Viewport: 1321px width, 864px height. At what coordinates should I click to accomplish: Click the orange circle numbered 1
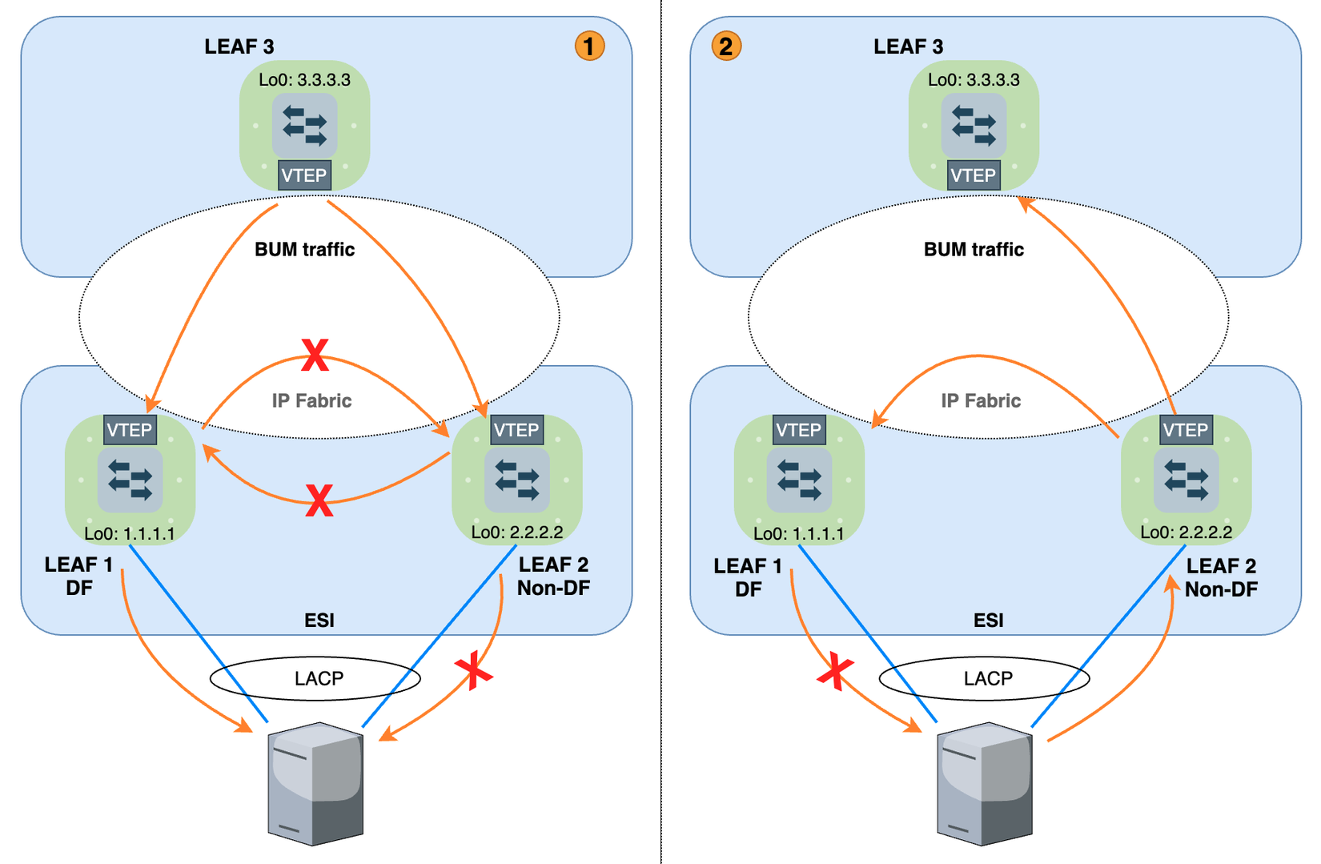point(589,46)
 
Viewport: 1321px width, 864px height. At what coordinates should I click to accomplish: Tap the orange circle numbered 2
point(726,46)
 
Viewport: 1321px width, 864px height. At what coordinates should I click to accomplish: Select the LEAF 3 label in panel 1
point(239,46)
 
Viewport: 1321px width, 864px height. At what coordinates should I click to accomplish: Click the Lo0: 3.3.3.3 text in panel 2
point(974,80)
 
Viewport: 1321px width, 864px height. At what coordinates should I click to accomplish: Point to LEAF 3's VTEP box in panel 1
point(304,175)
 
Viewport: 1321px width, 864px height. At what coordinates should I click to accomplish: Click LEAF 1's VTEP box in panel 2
point(798,430)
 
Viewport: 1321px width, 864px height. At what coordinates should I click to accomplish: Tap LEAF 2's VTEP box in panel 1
point(516,430)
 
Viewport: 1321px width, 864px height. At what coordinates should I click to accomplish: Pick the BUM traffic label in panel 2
point(974,250)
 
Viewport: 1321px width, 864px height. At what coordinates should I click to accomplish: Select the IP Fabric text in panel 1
point(311,400)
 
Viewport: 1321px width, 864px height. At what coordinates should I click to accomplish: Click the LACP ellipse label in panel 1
point(319,679)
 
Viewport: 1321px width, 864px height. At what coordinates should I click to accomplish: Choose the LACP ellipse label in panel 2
point(988,679)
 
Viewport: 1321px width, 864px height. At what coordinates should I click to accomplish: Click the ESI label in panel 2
point(988,621)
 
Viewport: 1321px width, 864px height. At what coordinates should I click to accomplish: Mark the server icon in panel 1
point(315,783)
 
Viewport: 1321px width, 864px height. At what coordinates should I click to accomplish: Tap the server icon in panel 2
point(985,783)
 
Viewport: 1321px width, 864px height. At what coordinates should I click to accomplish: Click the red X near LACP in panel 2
point(835,671)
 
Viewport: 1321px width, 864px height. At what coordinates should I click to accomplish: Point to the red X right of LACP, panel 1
point(474,670)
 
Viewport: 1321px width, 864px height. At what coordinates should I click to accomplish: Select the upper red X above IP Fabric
point(315,356)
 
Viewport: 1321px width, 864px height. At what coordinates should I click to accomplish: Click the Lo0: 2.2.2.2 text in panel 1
point(516,532)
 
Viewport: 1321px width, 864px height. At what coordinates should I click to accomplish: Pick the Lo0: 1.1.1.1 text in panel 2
point(798,534)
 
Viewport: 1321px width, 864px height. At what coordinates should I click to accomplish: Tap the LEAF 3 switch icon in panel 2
point(974,126)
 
